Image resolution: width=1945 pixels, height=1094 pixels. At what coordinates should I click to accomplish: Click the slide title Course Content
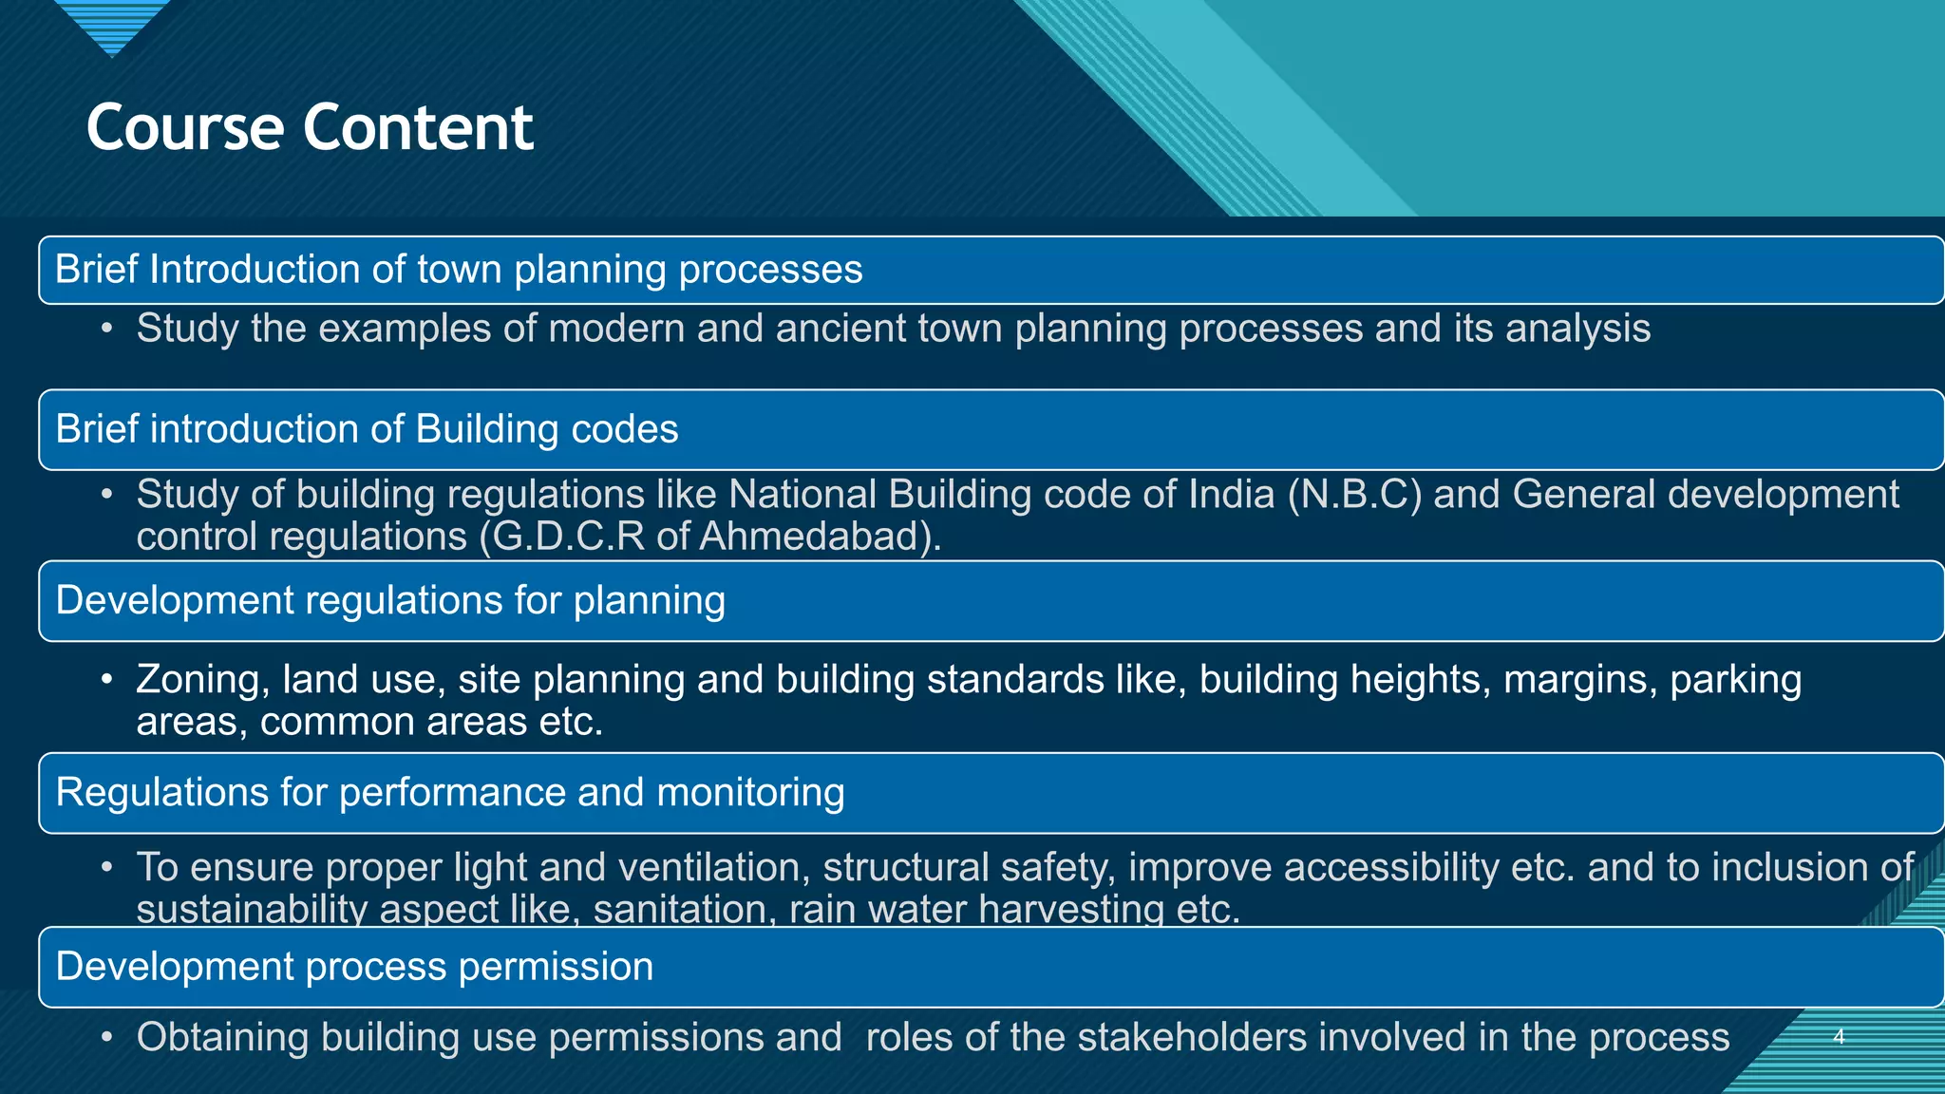(310, 127)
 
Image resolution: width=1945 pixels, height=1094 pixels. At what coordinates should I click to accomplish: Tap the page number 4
(1838, 1037)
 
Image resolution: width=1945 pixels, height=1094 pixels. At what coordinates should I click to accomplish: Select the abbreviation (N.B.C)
(1354, 495)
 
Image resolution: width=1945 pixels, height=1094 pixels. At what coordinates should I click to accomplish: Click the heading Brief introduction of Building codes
(367, 429)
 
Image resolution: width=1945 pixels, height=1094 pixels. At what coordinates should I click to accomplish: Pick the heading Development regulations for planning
(390, 601)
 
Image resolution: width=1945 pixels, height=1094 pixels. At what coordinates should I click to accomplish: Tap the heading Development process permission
(354, 967)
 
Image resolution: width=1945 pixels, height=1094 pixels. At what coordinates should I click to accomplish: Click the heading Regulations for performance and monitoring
(449, 793)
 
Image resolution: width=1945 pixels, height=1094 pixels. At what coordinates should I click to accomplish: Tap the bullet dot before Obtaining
(108, 1037)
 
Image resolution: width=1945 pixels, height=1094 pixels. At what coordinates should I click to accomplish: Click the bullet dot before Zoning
(108, 680)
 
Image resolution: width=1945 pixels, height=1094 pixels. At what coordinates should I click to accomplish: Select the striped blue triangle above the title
(112, 24)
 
